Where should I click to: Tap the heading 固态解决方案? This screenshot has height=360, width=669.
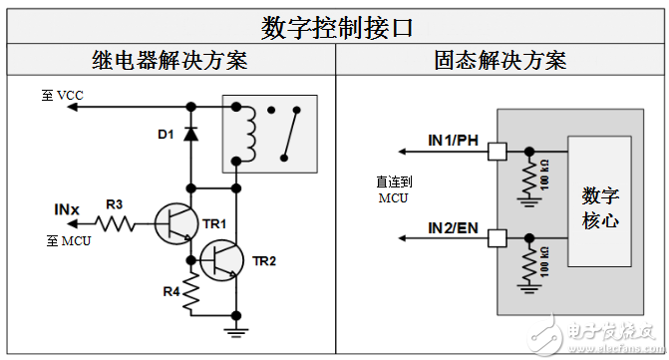(501, 60)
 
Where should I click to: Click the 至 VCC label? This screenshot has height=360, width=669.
(63, 95)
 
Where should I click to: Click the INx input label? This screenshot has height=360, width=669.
(67, 209)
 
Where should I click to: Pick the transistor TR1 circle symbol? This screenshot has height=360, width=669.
(177, 222)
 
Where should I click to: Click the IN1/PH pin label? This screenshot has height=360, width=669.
(454, 141)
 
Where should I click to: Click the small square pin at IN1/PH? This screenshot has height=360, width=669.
(496, 152)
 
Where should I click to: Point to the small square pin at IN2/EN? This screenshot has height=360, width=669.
(496, 238)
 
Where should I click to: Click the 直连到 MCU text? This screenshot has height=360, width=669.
(393, 190)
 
